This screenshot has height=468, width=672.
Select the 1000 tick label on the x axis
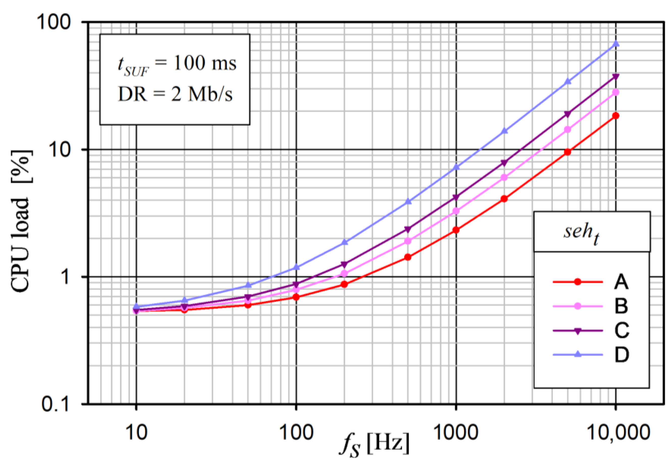coord(456,432)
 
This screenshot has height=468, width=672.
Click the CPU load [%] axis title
coord(20,221)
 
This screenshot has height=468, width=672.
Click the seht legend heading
coord(581,232)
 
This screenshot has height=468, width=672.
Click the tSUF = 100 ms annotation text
coord(177,64)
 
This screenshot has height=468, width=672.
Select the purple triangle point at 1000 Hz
coord(456,198)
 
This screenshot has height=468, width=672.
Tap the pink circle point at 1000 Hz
coord(456,211)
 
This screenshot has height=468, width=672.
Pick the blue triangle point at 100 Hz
coord(296,267)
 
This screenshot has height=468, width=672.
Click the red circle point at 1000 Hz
coord(456,230)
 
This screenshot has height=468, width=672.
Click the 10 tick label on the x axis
coord(136,432)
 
